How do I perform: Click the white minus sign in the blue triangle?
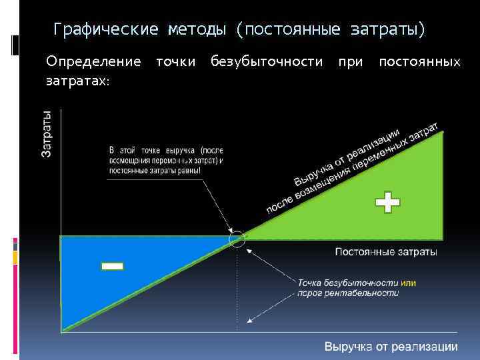coord(112,267)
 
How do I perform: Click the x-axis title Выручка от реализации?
coord(391,346)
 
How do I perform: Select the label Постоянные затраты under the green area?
coord(386,252)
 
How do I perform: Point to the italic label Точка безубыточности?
coord(347,283)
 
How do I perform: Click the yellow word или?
coord(408,283)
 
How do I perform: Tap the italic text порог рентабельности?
coord(347,293)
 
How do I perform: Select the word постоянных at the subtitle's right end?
coord(419,62)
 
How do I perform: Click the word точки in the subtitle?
coord(175,62)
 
